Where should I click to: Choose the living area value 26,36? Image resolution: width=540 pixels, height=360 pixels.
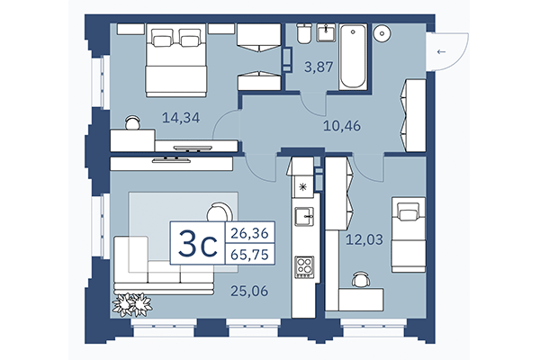(x=250, y=233)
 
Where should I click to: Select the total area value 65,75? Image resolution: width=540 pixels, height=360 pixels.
(x=250, y=254)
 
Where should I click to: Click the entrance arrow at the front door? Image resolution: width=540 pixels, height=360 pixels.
(x=441, y=52)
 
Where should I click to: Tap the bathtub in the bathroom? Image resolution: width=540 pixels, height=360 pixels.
(x=352, y=58)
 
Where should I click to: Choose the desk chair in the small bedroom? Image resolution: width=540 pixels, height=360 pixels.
(x=361, y=279)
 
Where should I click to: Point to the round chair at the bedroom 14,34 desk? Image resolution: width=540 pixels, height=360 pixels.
(x=132, y=121)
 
